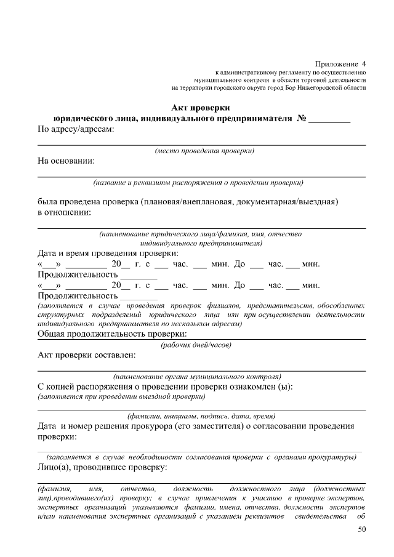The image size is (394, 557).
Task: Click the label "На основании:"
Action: coord(66,161)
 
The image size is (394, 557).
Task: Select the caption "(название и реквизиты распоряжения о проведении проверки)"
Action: coord(198,183)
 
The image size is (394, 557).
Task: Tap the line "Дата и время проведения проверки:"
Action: coord(108,254)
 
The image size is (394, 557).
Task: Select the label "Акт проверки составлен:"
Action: coord(87,355)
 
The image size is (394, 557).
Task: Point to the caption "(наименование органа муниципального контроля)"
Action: coord(197,376)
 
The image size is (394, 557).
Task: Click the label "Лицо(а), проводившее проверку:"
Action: coord(103,468)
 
